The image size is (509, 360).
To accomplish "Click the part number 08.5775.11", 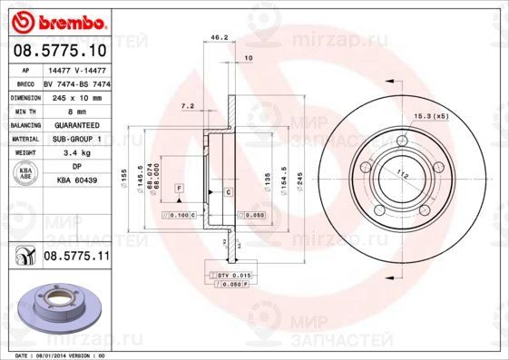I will [x=76, y=258].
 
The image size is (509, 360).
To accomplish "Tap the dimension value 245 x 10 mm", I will [x=76, y=96].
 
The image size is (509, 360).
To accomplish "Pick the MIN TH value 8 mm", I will [x=76, y=111].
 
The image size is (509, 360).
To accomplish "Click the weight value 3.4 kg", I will [x=76, y=153].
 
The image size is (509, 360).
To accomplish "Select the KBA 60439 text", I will [x=76, y=181].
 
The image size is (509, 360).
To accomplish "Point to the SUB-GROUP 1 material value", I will [x=76, y=139].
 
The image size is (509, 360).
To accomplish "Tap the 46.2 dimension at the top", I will [x=218, y=38].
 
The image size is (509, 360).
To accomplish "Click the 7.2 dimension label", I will [x=188, y=106].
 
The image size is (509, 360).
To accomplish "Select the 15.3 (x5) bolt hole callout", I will [x=431, y=116].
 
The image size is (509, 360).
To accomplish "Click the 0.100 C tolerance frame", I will [x=180, y=216].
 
